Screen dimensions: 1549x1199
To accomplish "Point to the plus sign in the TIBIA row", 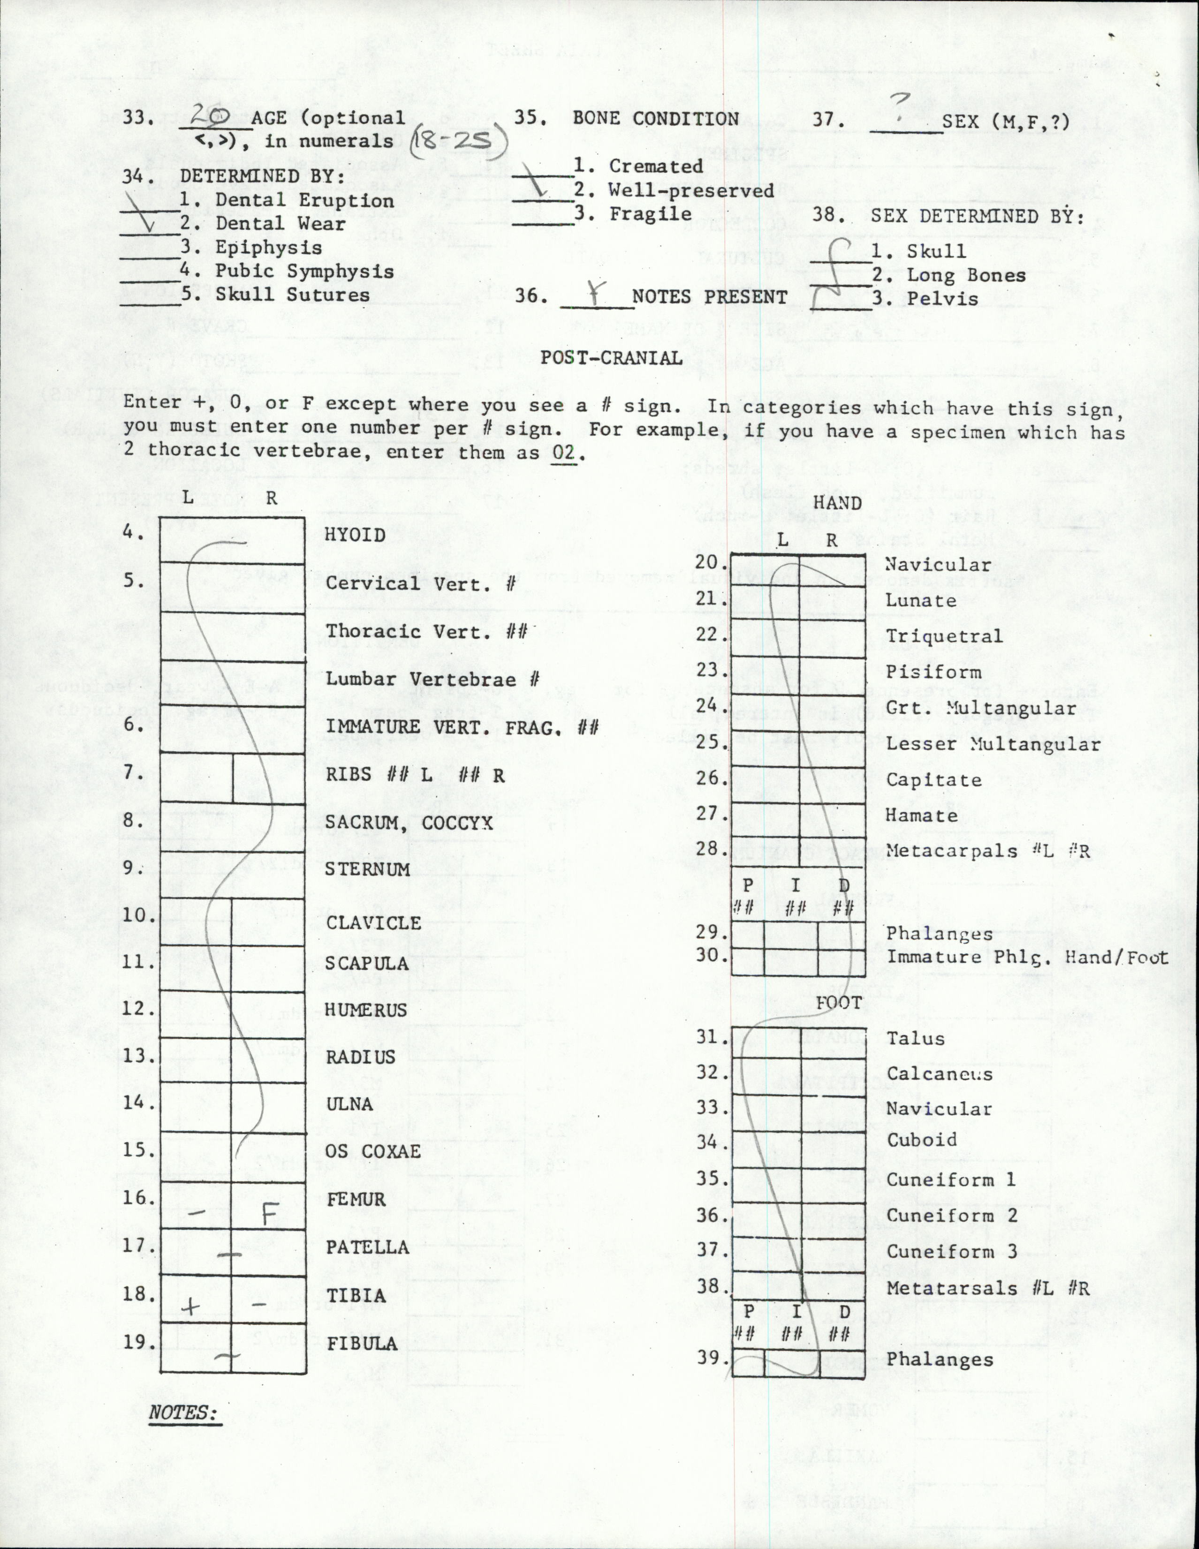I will (190, 1306).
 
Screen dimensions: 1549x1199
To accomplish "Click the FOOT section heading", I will (839, 1003).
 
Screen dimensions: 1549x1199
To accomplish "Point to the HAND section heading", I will (837, 503).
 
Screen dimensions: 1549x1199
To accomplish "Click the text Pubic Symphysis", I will (304, 271).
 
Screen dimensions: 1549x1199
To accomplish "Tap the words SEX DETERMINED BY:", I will (978, 216).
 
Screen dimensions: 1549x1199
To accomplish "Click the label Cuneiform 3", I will (951, 1252).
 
